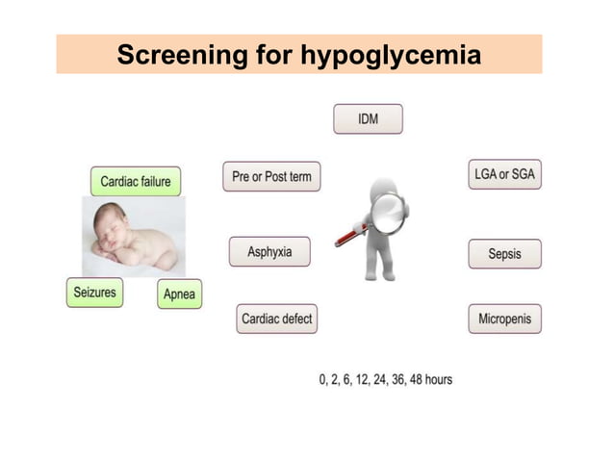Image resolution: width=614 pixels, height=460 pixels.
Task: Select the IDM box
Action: click(368, 118)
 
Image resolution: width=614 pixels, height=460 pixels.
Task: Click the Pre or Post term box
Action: click(272, 176)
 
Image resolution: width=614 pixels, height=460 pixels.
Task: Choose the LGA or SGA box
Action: click(504, 174)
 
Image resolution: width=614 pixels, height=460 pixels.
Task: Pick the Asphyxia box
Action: click(269, 252)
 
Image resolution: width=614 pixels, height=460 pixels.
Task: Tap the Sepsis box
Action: click(504, 254)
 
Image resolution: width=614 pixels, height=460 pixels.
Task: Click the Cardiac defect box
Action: click(276, 319)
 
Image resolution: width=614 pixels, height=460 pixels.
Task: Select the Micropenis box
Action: click(504, 319)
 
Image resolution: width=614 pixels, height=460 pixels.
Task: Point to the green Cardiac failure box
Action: click(135, 181)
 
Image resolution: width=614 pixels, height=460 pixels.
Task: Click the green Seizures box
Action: click(95, 291)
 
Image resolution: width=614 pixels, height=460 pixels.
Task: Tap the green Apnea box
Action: click(180, 294)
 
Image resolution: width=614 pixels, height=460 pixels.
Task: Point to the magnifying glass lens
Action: click(388, 213)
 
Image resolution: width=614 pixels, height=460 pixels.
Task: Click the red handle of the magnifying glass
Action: click(349, 235)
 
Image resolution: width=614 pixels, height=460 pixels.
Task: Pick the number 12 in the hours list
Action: click(354, 379)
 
